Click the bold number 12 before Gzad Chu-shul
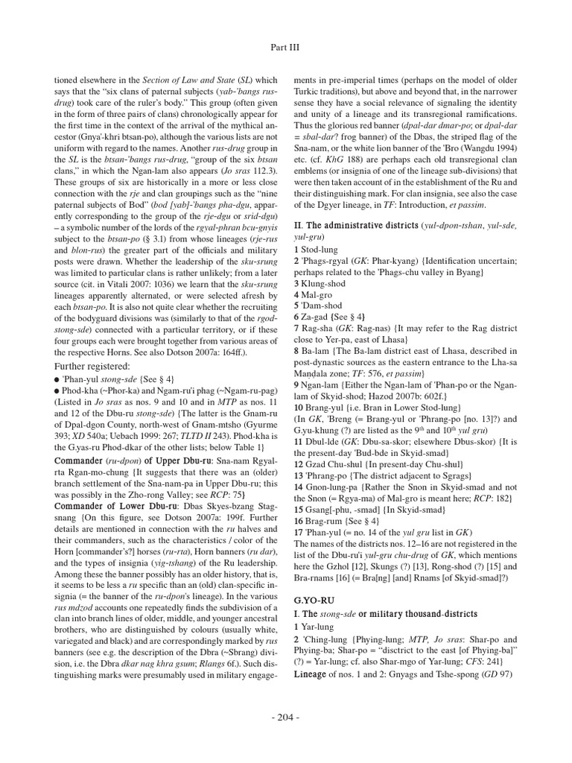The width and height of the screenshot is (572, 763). (x=299, y=442)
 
